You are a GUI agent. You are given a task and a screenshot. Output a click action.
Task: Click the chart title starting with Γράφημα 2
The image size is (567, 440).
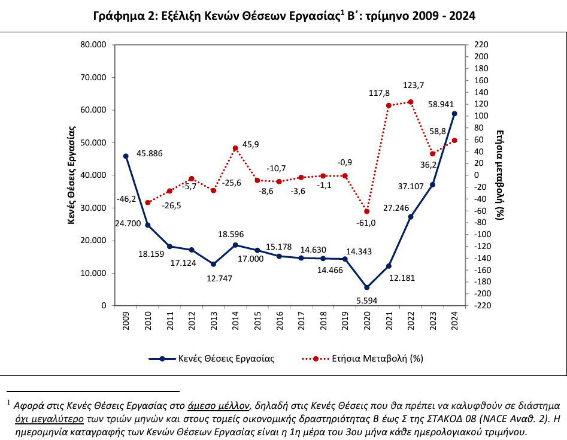(x=284, y=16)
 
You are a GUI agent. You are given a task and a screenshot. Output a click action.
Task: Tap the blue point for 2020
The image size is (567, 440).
(x=367, y=287)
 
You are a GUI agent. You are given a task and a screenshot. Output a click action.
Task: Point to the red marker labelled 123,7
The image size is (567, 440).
(x=411, y=102)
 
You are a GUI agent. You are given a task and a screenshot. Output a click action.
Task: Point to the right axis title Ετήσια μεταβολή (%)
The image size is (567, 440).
(x=501, y=174)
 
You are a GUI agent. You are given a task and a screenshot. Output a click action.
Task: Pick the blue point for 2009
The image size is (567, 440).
(x=126, y=156)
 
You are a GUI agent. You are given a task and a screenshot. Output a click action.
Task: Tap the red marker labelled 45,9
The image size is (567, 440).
(x=235, y=148)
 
